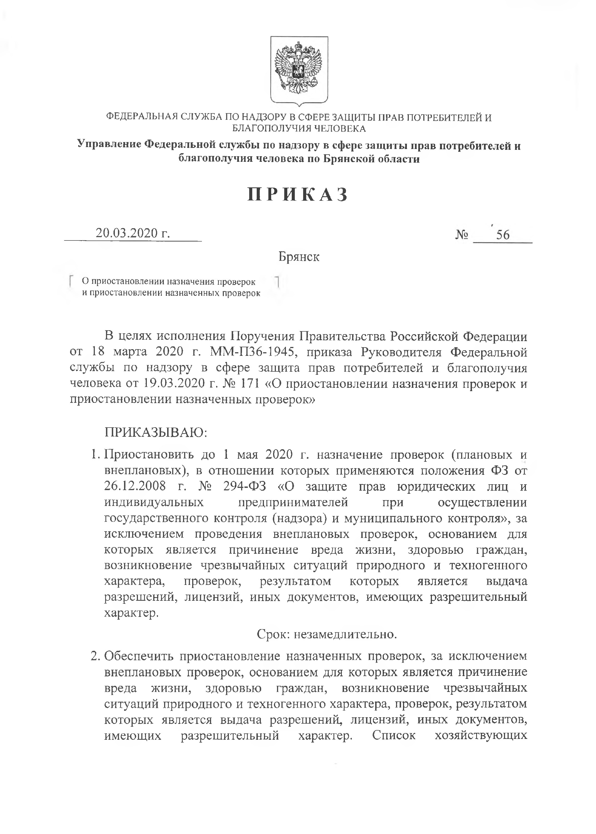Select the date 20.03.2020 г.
click(x=132, y=233)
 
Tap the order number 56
click(x=503, y=235)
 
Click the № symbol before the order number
click(x=462, y=234)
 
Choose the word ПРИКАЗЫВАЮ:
click(x=156, y=433)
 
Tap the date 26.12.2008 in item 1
click(x=135, y=487)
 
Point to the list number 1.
click(x=94, y=455)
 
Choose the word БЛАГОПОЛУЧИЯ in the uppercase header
click(x=269, y=129)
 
